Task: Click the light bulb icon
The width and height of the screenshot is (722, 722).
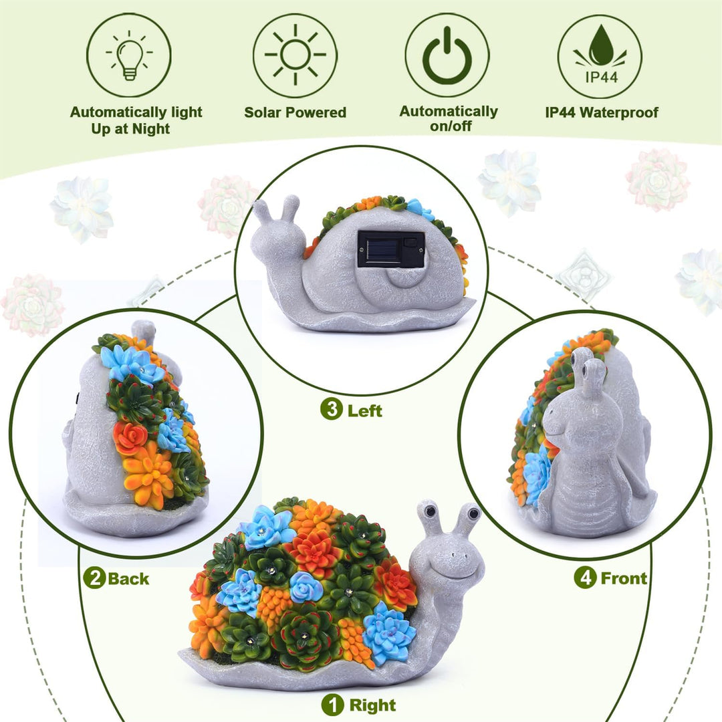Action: point(130,55)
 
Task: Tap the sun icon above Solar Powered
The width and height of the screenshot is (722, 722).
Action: point(295,55)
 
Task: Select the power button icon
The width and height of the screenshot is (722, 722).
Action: point(447,55)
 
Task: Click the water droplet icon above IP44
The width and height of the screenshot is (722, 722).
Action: point(600,45)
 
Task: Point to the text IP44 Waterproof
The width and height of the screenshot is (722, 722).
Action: point(602,112)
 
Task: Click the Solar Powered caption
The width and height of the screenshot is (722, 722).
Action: point(295,112)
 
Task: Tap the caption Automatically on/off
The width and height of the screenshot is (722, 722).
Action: point(449,118)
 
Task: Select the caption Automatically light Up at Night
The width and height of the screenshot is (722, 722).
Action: point(136,120)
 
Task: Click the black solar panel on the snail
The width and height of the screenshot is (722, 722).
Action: point(391,249)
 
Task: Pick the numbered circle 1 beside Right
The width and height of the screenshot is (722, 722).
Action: point(332,705)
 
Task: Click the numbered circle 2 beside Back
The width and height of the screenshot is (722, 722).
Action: point(94,578)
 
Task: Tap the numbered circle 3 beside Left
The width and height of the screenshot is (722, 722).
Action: point(332,409)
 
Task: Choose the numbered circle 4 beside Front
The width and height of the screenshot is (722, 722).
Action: point(585,578)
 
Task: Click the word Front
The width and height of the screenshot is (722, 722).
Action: point(624,578)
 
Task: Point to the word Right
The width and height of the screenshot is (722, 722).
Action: point(372,705)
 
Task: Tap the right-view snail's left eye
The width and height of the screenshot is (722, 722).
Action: point(430,511)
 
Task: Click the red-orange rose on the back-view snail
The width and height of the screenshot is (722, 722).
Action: point(130,438)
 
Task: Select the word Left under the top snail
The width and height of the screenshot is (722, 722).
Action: point(365,410)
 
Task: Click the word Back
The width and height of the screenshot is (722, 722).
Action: point(128,579)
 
